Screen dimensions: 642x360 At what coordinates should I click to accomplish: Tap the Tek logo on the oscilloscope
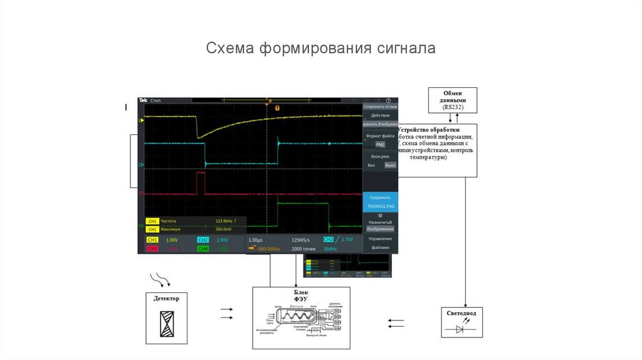143,100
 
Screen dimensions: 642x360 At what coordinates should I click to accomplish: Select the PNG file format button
380,144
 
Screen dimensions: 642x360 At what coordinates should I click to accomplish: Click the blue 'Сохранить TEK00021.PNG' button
380,201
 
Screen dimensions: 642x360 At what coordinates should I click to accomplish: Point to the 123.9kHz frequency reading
224,221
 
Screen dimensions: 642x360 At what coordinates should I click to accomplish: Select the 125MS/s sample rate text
301,240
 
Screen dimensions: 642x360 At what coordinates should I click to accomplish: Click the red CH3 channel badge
152,249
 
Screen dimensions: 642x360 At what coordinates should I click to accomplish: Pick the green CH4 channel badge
203,249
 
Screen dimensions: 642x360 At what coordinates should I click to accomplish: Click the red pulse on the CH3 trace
201,183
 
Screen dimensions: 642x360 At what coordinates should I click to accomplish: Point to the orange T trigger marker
276,108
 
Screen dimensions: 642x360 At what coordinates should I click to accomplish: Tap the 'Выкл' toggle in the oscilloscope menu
390,165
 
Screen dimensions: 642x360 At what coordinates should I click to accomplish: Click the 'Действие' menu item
380,115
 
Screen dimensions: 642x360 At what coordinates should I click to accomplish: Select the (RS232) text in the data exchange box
452,107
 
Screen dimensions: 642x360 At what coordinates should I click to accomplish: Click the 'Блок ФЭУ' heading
302,295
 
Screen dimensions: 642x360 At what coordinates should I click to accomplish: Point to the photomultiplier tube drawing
302,319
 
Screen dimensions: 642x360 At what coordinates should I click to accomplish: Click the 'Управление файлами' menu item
380,243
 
